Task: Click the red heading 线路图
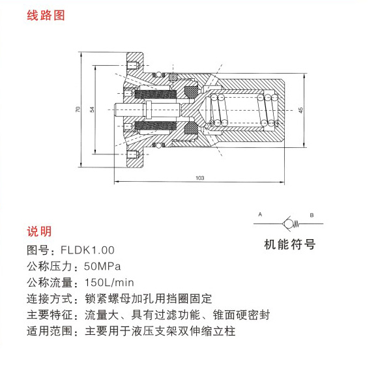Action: coord(46,16)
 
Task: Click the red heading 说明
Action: coord(39,231)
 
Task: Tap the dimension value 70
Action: coord(78,109)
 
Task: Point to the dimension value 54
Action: coord(93,109)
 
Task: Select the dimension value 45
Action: coord(300,110)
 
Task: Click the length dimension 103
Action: coord(200,178)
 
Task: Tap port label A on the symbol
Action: coord(260,214)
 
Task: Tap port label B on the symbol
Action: coord(312,215)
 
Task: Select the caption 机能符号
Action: coord(290,244)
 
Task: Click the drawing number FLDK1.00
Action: coord(87,250)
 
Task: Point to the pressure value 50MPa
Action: coord(102,266)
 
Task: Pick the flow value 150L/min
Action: coord(109,282)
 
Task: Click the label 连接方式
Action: coord(50,299)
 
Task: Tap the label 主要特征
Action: coord(50,315)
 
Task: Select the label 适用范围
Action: coord(50,331)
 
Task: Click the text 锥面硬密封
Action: coord(241,315)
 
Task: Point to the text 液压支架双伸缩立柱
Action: coord(183,331)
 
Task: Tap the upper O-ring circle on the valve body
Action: coord(158,74)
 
